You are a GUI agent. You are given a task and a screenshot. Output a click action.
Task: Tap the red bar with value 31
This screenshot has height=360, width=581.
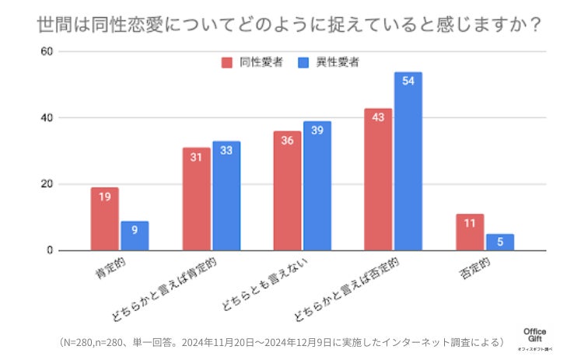point(196,199)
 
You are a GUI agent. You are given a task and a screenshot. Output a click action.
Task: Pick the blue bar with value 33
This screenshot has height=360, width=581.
point(226,196)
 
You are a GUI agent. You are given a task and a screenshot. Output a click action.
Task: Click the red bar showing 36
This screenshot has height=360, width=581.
point(287,191)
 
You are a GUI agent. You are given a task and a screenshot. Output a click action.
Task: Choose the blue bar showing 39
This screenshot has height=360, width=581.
point(317,187)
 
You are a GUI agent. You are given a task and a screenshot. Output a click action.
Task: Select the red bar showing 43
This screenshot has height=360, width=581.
point(378,180)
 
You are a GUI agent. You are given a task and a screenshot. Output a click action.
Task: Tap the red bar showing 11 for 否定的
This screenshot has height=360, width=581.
point(470,232)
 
